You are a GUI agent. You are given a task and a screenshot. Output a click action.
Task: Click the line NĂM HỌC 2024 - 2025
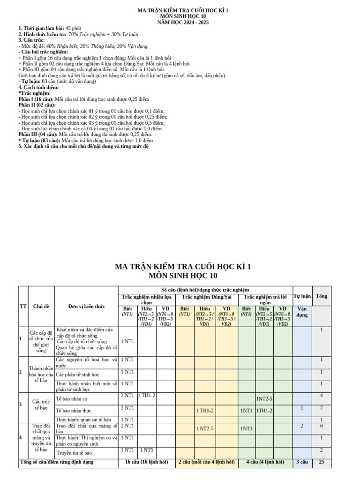(183, 22)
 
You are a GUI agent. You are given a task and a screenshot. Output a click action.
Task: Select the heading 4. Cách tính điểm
(38, 88)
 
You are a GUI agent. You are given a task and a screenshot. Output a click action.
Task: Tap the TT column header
(23, 306)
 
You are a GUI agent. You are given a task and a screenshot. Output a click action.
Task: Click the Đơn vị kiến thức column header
(86, 306)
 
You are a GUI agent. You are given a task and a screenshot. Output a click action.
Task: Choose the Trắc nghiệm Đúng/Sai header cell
(207, 297)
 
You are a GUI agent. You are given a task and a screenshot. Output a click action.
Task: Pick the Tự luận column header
(302, 296)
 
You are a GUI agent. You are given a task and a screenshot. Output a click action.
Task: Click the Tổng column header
(322, 296)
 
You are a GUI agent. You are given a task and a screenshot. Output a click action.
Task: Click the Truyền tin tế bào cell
(74, 453)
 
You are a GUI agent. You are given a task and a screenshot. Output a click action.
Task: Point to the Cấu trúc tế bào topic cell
(37, 405)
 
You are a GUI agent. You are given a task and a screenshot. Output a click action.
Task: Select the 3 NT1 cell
(127, 408)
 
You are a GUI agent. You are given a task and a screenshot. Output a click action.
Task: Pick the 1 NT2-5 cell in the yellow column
(205, 427)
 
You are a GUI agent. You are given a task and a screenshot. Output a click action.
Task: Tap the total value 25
(322, 462)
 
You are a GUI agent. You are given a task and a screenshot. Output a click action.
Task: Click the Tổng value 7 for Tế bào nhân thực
(322, 408)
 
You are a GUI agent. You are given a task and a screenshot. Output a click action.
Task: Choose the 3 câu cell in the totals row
(302, 462)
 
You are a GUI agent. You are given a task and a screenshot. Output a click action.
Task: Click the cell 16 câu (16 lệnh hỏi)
(146, 462)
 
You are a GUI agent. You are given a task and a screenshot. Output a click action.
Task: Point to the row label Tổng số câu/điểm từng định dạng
(56, 462)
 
